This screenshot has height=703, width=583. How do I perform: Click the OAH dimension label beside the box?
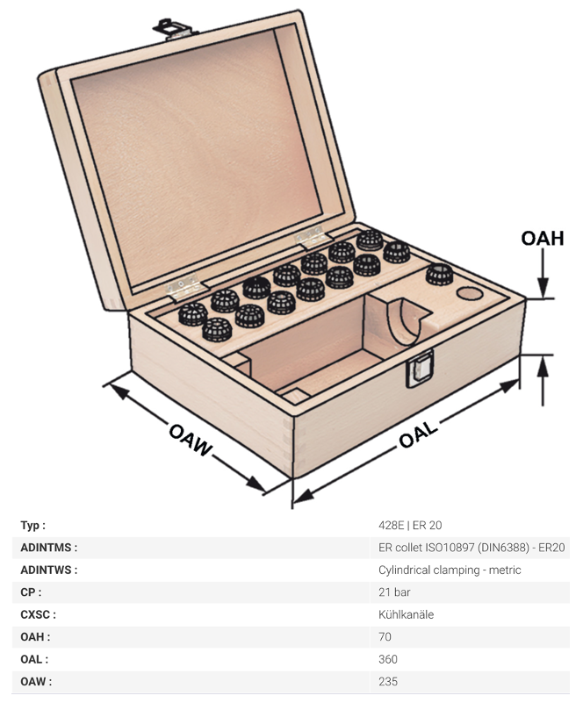click(543, 238)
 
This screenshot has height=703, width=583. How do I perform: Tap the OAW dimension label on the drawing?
click(191, 440)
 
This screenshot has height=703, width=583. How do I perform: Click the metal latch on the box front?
click(420, 368)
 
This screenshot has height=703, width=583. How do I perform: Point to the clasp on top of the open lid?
click(174, 29)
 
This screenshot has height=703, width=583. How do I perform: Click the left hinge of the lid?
click(185, 286)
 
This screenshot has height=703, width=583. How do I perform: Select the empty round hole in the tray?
click(470, 294)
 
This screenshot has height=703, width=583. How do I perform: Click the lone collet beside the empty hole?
click(439, 275)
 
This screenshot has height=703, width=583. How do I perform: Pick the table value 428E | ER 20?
click(410, 525)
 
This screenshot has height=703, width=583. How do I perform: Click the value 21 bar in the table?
click(394, 592)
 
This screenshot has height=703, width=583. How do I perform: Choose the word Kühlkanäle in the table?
click(406, 614)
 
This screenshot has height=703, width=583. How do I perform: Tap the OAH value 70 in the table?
click(385, 636)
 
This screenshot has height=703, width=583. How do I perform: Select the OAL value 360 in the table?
click(388, 659)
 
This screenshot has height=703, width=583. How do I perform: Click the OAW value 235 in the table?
click(388, 681)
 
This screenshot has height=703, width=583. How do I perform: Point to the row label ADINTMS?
click(49, 548)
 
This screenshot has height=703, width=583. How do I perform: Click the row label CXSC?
click(38, 614)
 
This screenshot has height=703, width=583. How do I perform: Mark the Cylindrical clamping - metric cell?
click(450, 570)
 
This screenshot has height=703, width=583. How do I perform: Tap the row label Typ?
click(32, 526)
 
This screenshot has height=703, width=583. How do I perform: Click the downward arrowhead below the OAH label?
click(543, 288)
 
